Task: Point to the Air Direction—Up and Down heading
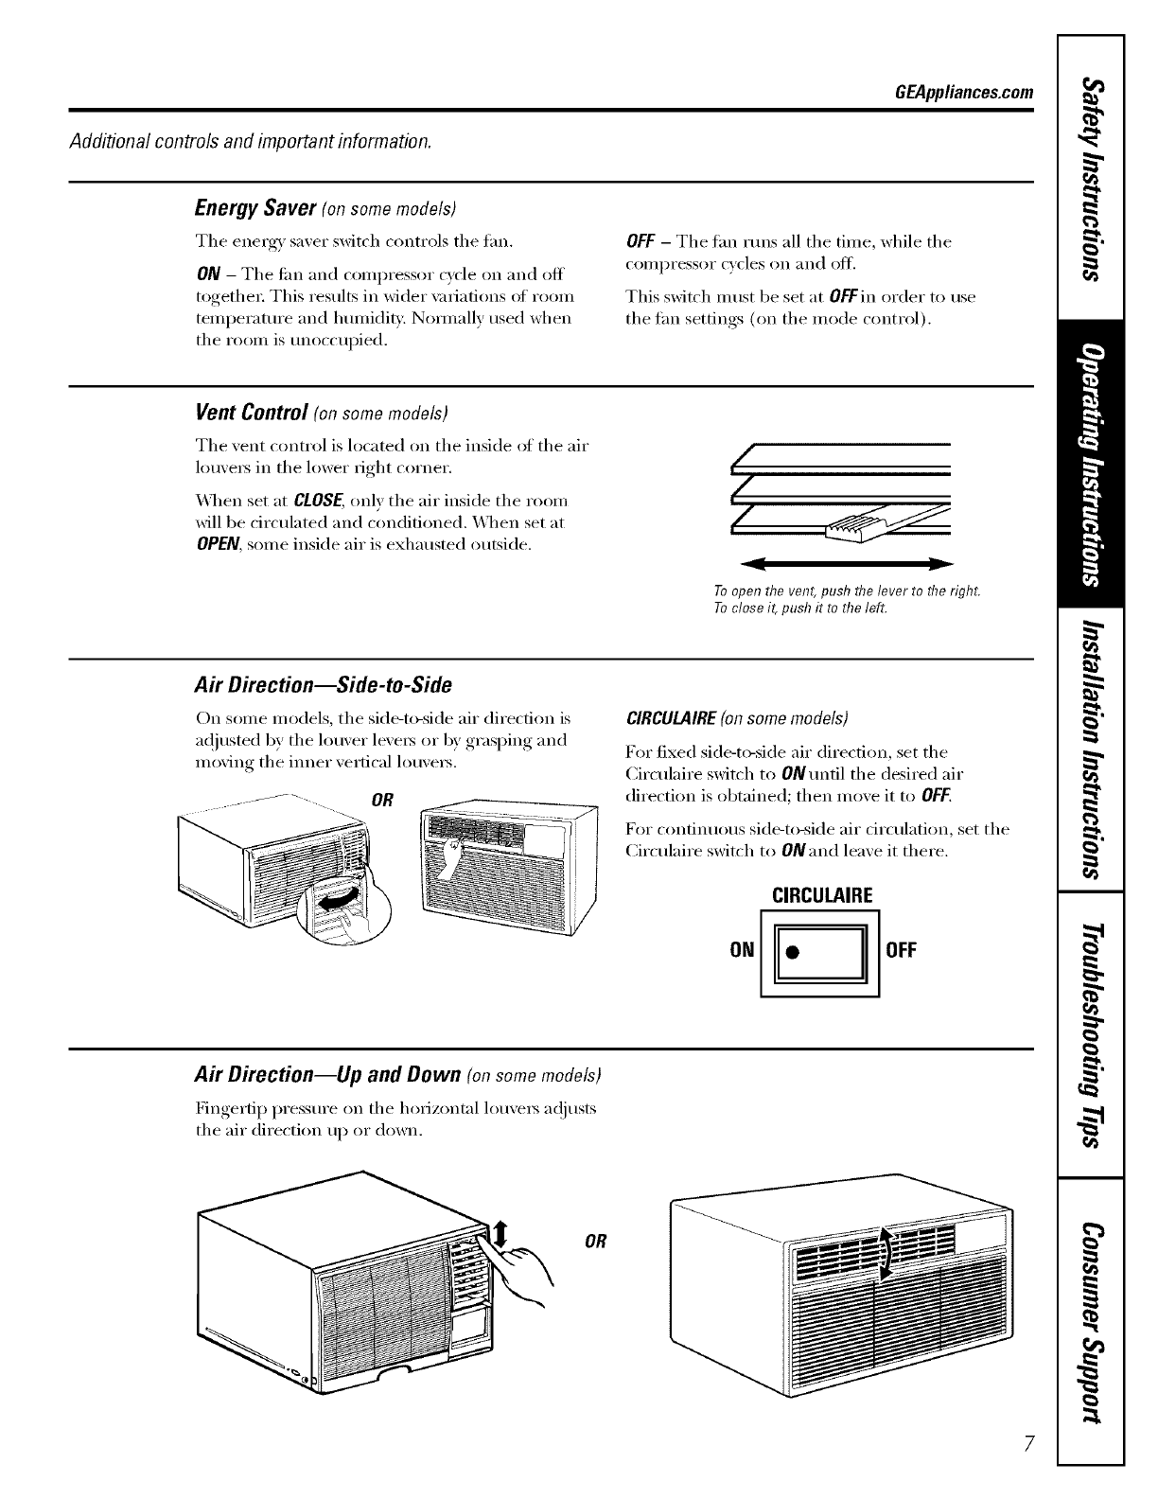click(x=326, y=1075)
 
